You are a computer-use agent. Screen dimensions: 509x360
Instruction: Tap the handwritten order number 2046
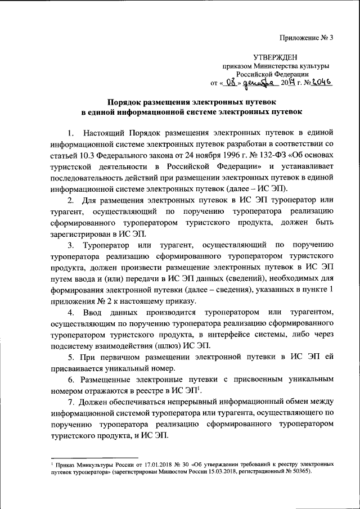pos(320,82)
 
